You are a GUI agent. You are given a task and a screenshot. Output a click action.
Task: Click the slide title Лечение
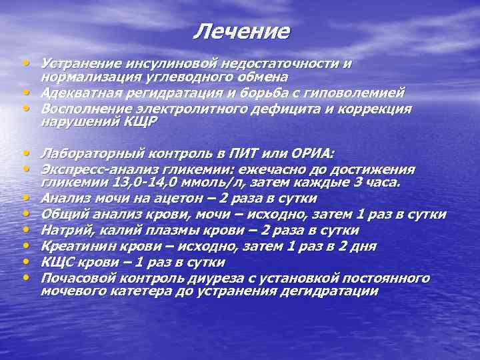(x=243, y=31)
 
